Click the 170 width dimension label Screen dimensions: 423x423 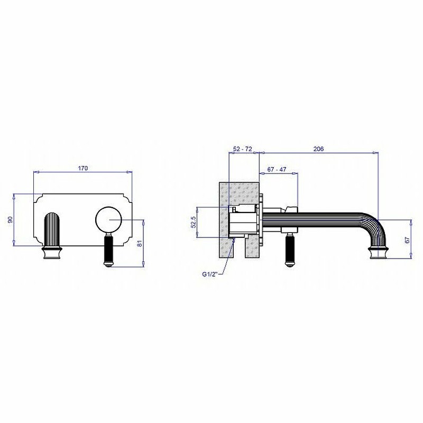[x=83, y=168]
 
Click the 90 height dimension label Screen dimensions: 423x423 [x=10, y=219]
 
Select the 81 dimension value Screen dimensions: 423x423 [x=140, y=243]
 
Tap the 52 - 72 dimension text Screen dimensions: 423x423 [x=243, y=149]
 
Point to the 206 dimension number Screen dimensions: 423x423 [x=319, y=149]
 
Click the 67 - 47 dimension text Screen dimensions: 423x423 [x=277, y=169]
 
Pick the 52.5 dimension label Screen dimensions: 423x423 [x=193, y=222]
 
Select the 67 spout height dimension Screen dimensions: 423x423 [x=407, y=240]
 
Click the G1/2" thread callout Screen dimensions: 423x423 [x=210, y=274]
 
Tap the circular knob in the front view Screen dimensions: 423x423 [x=109, y=220]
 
